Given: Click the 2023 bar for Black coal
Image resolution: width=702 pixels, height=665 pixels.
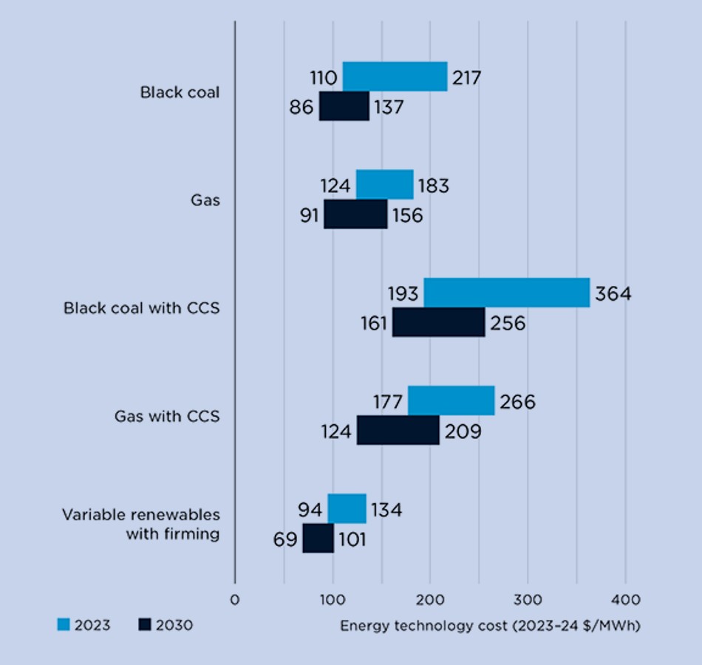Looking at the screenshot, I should point(395,77).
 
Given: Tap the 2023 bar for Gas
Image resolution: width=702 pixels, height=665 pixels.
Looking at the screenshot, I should point(384,185).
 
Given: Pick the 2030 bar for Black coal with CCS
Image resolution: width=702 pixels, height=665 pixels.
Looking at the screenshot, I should point(438,323).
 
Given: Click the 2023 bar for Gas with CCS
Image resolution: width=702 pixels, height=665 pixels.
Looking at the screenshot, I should point(451,401).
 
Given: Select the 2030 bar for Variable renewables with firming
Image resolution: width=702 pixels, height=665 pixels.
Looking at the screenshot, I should point(318,538).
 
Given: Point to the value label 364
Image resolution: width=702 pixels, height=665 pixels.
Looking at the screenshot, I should point(613,294).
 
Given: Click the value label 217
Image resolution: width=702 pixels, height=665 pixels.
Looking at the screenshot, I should point(466,78).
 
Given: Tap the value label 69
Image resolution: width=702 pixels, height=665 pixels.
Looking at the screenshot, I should point(284,539).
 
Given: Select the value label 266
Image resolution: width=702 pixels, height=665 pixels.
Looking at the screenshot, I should point(517,402).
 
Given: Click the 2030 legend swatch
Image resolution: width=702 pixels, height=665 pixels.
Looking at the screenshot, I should point(144,625).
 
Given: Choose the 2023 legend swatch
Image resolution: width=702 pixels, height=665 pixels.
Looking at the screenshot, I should point(64,625).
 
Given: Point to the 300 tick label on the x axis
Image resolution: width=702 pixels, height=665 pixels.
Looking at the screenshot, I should point(528,599).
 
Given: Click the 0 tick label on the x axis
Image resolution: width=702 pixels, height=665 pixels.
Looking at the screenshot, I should point(235,599).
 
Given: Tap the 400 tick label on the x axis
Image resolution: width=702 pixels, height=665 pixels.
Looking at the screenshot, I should point(625,599).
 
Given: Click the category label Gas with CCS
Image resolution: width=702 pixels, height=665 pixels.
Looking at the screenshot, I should point(167,416).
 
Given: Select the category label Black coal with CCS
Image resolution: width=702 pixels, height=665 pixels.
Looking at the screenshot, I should point(141,308).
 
